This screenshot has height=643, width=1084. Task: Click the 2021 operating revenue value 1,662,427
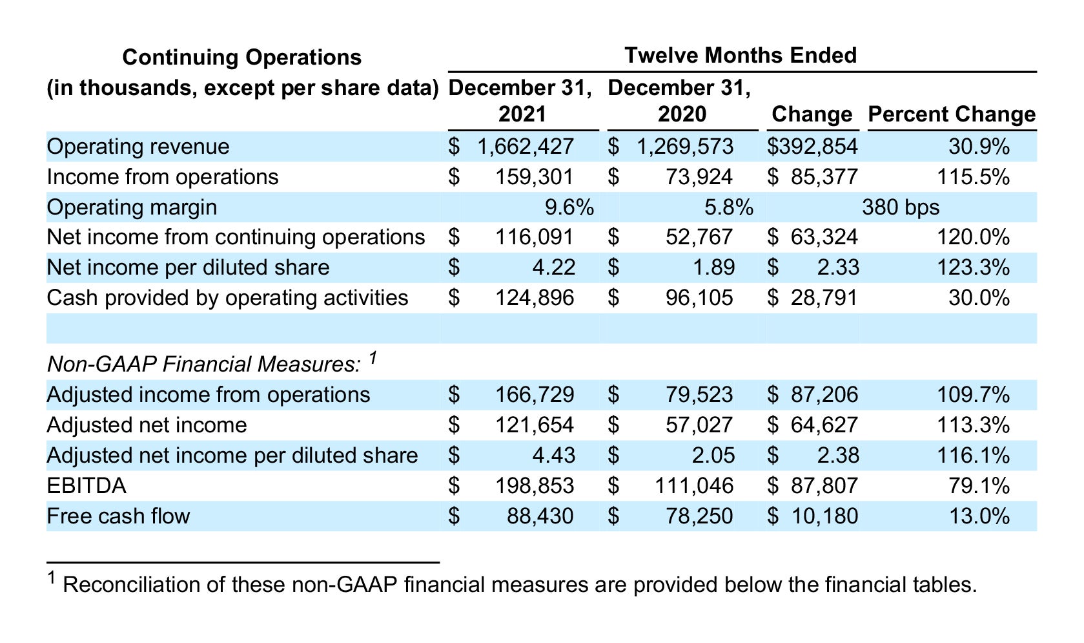tap(526, 146)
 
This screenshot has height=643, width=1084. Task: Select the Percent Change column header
tap(952, 114)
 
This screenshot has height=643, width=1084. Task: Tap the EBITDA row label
tap(87, 485)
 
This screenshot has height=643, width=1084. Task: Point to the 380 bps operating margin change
tap(901, 207)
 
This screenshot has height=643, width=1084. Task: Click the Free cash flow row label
tap(119, 516)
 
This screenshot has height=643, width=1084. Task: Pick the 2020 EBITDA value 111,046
tap(694, 485)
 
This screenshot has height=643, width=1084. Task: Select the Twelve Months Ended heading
tap(741, 55)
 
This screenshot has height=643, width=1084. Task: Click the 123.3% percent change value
tap(973, 268)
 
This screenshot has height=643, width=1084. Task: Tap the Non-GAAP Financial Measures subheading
tap(204, 364)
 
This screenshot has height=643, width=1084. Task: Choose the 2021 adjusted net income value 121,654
tap(535, 425)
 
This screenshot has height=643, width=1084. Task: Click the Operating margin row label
tap(132, 207)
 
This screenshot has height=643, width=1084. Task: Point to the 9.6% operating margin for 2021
tap(569, 207)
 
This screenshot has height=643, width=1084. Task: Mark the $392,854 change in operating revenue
tap(813, 146)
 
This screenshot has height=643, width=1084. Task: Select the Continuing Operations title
tap(242, 57)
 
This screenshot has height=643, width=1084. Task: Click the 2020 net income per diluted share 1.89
tap(714, 268)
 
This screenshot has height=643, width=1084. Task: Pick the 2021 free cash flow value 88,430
tap(540, 516)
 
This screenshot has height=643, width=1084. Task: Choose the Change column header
tap(812, 114)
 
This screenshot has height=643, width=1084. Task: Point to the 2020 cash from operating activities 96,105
tap(699, 297)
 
